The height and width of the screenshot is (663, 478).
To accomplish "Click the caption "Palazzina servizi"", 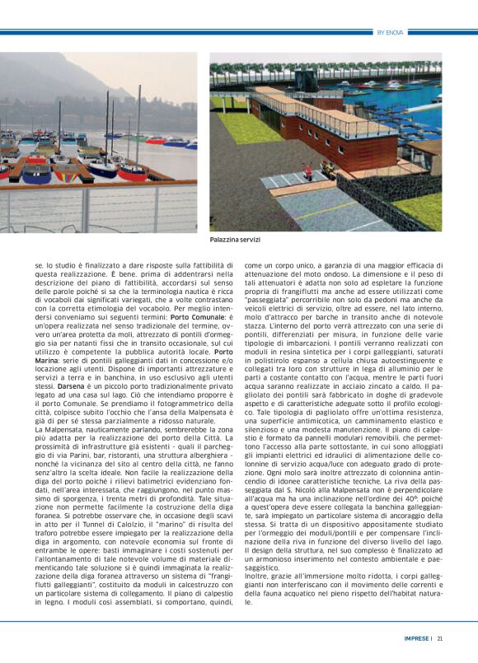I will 236,240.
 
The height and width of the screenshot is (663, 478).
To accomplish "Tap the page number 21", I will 440,637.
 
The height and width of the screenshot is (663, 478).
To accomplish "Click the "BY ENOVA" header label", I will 389,33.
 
